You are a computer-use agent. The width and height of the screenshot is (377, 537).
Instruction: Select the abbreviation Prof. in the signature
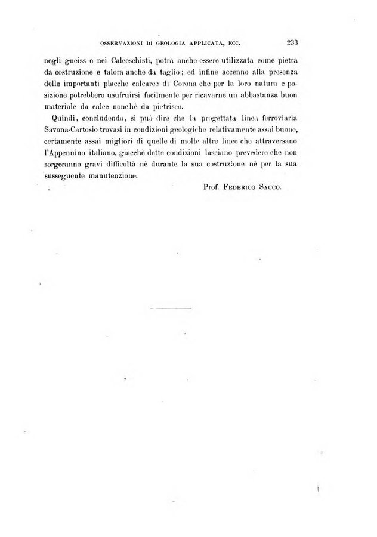(x=214, y=187)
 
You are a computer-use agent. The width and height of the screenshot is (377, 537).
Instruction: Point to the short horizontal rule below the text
(x=169, y=308)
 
